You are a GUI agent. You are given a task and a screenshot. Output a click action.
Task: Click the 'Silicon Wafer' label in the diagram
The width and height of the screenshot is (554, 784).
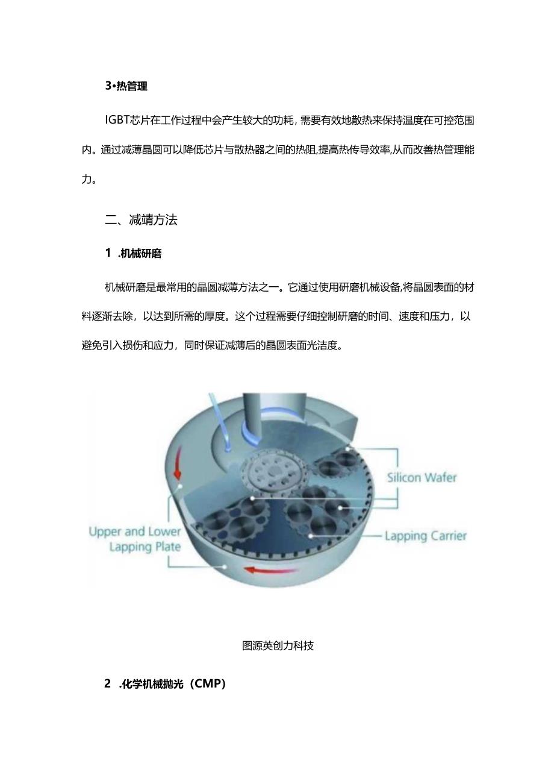coord(422,478)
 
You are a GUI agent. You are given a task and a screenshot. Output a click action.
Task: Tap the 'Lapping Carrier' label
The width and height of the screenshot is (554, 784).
coord(425,536)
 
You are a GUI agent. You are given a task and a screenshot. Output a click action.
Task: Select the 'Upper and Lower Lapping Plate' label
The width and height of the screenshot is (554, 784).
coord(134,539)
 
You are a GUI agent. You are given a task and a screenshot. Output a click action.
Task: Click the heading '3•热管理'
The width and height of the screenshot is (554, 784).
coord(126,86)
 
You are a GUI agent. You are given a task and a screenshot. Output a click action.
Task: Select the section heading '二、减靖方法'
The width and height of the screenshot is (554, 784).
coord(141,220)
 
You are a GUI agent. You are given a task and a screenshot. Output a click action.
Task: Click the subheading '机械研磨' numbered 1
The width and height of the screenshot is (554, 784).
coord(141,254)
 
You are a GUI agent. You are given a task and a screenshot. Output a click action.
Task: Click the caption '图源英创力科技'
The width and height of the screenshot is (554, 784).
coord(278,646)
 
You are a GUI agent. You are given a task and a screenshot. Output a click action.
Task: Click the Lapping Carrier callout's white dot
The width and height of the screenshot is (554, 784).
coord(311,535)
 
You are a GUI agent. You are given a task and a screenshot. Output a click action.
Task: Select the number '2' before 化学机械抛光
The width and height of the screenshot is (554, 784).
coord(108,684)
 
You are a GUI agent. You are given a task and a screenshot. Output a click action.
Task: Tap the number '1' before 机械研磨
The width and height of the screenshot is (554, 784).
coord(108,254)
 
